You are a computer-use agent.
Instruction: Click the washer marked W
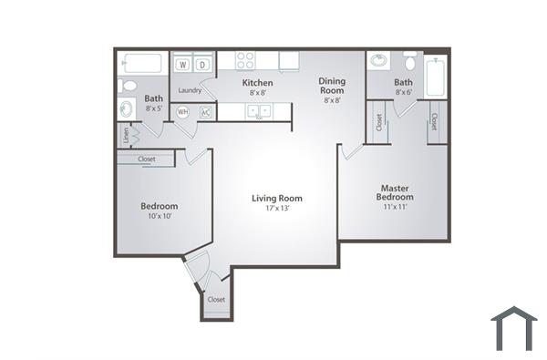(183, 65)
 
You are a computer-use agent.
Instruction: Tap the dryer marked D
(203, 65)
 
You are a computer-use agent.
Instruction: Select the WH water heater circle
(183, 112)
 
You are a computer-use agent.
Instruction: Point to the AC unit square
(205, 112)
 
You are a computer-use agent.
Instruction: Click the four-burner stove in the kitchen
(245, 61)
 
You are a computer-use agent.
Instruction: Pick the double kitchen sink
(259, 111)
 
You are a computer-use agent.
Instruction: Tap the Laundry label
(190, 90)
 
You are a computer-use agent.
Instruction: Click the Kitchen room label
(259, 82)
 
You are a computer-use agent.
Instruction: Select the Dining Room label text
(332, 86)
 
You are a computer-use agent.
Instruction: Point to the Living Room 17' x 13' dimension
(277, 209)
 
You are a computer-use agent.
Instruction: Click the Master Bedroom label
(396, 192)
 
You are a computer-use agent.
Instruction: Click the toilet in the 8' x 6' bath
(410, 62)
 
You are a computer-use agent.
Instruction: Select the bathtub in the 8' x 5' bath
(142, 64)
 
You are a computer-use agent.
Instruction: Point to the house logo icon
(513, 327)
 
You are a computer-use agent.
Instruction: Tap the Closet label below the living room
(216, 299)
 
